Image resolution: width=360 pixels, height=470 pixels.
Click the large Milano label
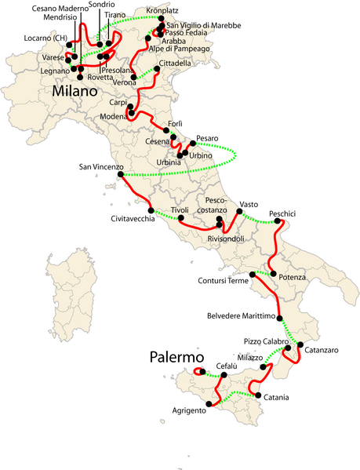coord(81,92)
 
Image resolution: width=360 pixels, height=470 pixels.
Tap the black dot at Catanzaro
coord(300,345)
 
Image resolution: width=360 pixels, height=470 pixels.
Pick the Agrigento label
coord(189,410)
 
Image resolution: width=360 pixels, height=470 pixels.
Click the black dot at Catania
coord(254,395)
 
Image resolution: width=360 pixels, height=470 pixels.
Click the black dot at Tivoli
coord(180,217)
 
